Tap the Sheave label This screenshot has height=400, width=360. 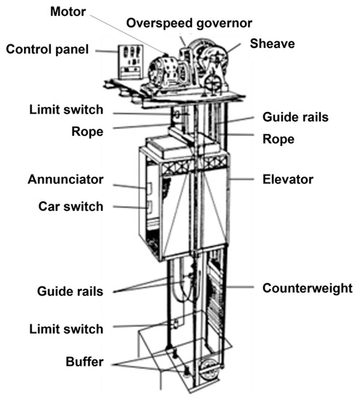271,44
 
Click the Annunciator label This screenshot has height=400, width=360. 65,179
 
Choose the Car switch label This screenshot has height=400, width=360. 71,206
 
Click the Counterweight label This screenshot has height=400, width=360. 308,288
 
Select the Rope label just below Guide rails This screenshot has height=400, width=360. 279,139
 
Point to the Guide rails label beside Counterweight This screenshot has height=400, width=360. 70,291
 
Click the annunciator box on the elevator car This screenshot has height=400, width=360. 149,188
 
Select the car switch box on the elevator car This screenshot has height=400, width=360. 149,209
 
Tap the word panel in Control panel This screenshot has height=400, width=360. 71,49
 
